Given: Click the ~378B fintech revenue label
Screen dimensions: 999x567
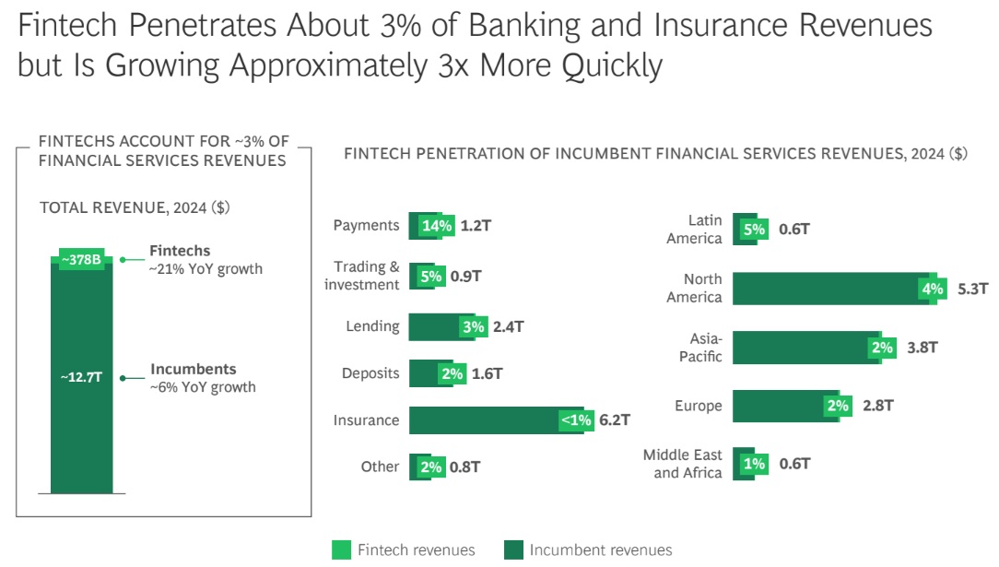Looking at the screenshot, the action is point(81,259).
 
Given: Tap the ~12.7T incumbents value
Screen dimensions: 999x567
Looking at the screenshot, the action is point(81,377).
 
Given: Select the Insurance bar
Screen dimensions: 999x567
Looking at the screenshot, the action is point(502,420).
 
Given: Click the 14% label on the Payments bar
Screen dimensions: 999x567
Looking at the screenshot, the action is point(437,226).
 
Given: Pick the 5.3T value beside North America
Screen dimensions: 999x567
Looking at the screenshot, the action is point(973,289).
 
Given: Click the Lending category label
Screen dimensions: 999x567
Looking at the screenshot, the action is point(372,326).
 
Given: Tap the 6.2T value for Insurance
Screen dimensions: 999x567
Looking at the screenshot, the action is point(614,419).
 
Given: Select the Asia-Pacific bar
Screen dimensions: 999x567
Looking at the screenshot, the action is point(815,348).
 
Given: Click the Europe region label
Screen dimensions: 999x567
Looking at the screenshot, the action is point(699,406).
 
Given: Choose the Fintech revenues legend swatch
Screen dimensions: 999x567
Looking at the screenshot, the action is point(342,549).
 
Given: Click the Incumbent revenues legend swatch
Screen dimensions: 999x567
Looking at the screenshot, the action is point(513,549).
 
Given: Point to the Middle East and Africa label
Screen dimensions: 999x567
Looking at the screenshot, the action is point(682,464).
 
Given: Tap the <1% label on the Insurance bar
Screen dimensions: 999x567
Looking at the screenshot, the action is point(577,420).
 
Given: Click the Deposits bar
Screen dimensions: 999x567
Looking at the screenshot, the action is point(437,373).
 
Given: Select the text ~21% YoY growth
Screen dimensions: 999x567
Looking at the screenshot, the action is point(206,269).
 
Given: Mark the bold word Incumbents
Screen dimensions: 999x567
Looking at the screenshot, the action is point(193,369).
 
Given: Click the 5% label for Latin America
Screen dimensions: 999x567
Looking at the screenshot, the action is point(755,230).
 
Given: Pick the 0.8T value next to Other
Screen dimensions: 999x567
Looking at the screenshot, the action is point(465,467).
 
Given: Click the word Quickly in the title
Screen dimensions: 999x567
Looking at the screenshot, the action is point(612,66).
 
